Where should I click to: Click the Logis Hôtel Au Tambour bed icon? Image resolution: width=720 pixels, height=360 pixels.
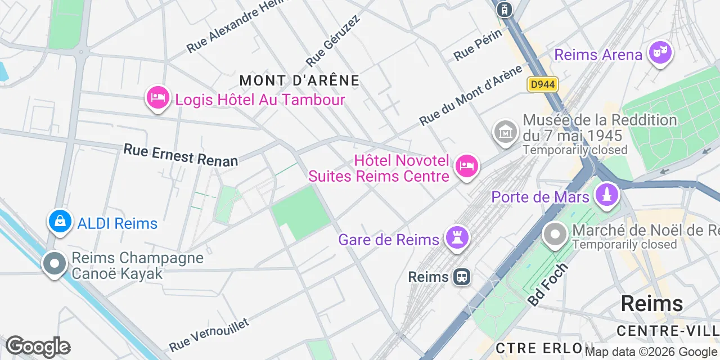pyautogui.click(x=158, y=98)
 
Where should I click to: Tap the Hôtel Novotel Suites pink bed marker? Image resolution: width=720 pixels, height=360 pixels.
pyautogui.click(x=467, y=166)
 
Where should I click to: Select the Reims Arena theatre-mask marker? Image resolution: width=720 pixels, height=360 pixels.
pyautogui.click(x=661, y=53)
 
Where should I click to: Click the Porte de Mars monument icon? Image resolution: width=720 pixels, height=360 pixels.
pyautogui.click(x=607, y=196)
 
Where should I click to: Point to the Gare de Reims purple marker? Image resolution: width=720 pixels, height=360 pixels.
pyautogui.click(x=457, y=238)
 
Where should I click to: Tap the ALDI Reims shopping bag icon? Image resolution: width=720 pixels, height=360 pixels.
pyautogui.click(x=60, y=222)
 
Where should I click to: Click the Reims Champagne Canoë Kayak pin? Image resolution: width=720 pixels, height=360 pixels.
pyautogui.click(x=55, y=263)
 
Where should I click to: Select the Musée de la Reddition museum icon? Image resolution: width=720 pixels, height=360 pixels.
pyautogui.click(x=505, y=132)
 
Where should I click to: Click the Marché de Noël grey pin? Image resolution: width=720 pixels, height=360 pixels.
pyautogui.click(x=555, y=235)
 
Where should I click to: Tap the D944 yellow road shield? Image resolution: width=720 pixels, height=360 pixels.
pyautogui.click(x=543, y=84)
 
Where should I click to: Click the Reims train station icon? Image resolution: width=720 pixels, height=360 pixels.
pyautogui.click(x=462, y=277)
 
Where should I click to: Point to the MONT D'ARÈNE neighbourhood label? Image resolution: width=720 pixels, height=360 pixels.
pyautogui.click(x=299, y=80)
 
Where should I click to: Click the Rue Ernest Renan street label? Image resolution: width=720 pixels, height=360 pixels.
pyautogui.click(x=181, y=155)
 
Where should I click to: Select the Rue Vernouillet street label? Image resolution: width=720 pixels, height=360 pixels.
pyautogui.click(x=209, y=334)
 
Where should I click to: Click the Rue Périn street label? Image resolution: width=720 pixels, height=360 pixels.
pyautogui.click(x=478, y=45)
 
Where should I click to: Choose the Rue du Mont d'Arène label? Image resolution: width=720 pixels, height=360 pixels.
pyautogui.click(x=471, y=95)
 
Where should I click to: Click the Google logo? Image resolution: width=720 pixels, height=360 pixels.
pyautogui.click(x=38, y=347)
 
